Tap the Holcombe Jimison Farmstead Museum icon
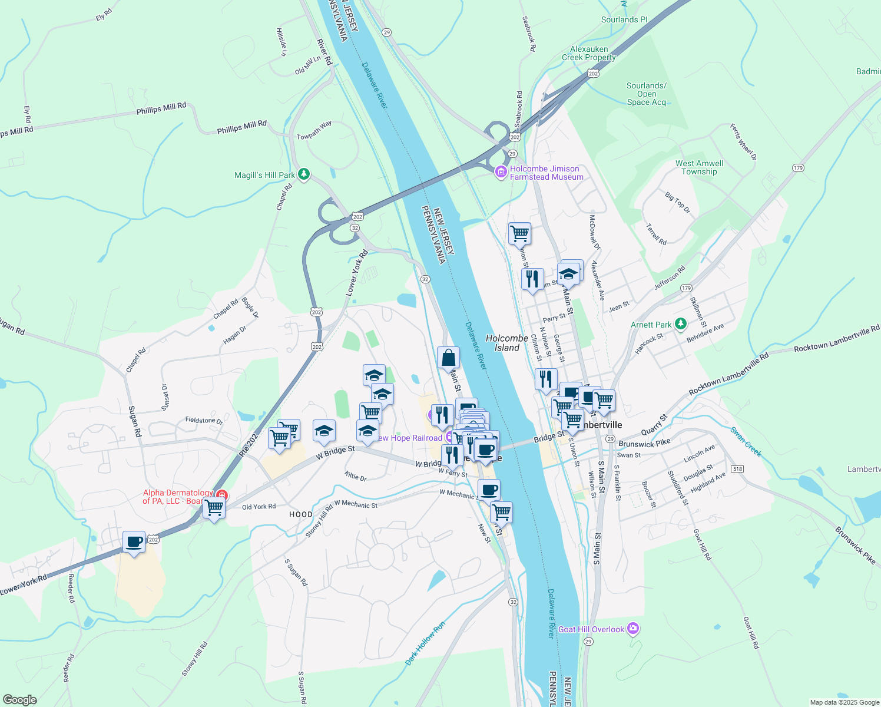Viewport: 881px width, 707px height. click(x=501, y=172)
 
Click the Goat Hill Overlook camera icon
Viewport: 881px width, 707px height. click(x=632, y=629)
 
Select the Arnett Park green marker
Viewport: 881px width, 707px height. click(x=681, y=323)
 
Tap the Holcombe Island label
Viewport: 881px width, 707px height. click(x=506, y=343)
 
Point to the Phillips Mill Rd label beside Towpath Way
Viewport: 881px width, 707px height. click(x=241, y=127)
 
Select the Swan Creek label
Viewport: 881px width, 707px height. click(x=746, y=442)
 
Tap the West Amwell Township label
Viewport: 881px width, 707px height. click(x=699, y=167)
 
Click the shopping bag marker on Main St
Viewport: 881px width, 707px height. click(x=448, y=358)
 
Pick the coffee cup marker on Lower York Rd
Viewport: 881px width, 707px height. click(x=134, y=542)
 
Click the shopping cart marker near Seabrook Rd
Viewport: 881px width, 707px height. click(x=519, y=233)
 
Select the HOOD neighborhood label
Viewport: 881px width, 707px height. click(x=301, y=514)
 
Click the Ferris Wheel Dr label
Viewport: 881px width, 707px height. click(x=743, y=142)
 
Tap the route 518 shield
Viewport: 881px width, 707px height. click(x=737, y=469)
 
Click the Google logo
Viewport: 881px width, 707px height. click(x=19, y=699)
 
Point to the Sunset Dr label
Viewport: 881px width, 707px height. click(x=165, y=398)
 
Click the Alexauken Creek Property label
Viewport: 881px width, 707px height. click(x=589, y=54)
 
